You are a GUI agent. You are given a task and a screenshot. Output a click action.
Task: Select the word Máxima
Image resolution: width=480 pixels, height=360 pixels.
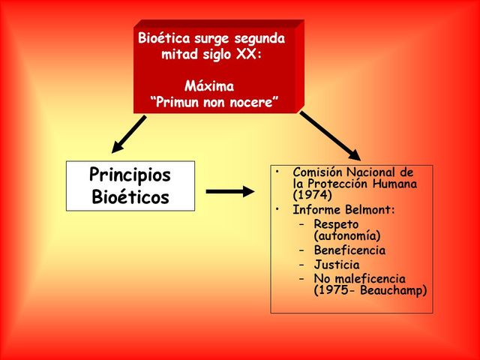tap(209, 86)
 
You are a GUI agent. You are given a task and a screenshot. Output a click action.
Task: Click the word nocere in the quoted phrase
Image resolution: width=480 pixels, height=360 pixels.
tap(252, 103)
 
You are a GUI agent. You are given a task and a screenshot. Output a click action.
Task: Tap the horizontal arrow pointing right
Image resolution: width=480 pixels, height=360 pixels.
tap(229, 191)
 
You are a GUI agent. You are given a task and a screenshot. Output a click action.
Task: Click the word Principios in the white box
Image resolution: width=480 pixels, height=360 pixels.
tap(130, 175)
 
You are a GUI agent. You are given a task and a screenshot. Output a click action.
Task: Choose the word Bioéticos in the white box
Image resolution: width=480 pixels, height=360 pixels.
tap(130, 198)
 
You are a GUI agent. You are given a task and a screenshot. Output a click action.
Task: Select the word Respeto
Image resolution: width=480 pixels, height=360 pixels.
tap(336, 224)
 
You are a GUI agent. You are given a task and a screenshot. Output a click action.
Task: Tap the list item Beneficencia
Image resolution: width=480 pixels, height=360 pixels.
tap(349, 250)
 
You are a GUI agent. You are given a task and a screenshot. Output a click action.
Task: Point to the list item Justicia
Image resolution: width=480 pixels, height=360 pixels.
tap(337, 265)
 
